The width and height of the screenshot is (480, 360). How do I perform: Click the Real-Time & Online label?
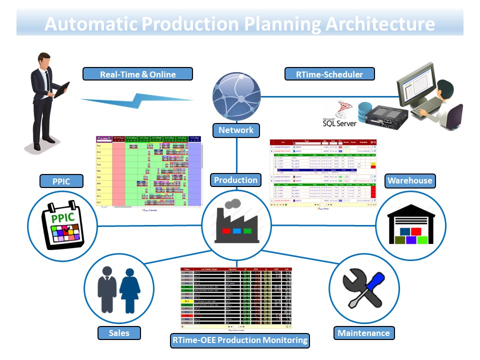(137, 74)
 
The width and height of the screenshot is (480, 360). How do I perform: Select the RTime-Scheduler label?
(330, 74)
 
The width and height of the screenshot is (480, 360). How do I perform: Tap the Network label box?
(236, 130)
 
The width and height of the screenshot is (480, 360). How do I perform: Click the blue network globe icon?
(236, 95)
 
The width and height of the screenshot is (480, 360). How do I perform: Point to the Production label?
(236, 180)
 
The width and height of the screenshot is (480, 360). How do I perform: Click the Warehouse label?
(409, 180)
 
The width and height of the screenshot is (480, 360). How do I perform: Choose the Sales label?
(119, 332)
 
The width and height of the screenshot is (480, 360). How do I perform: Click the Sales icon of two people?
(118, 290)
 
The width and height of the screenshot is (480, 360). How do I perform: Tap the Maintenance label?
(363, 332)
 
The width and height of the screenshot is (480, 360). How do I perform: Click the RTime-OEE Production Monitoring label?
(239, 340)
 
